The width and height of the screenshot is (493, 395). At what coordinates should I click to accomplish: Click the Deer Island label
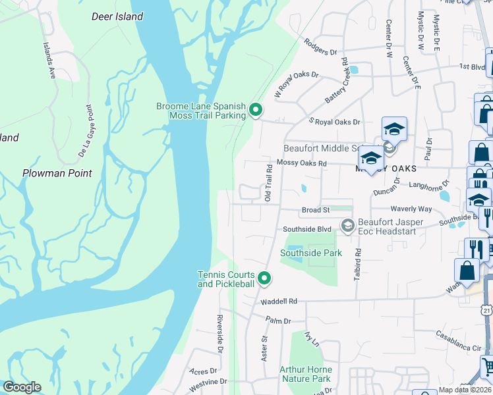coord(118,16)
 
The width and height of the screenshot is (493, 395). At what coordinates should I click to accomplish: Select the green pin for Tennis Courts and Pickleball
coord(264,279)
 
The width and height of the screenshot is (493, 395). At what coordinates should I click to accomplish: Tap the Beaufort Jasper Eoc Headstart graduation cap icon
coord(347,226)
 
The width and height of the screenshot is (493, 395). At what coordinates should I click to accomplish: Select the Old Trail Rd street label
coord(269,184)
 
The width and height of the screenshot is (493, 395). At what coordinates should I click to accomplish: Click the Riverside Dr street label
coord(219,332)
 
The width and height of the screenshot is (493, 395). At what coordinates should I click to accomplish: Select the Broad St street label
coord(315,210)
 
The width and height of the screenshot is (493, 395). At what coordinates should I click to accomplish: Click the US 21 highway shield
coord(486,309)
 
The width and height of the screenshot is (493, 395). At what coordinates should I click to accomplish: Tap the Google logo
coord(22,387)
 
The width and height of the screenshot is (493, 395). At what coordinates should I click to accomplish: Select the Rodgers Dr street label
coord(321,47)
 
